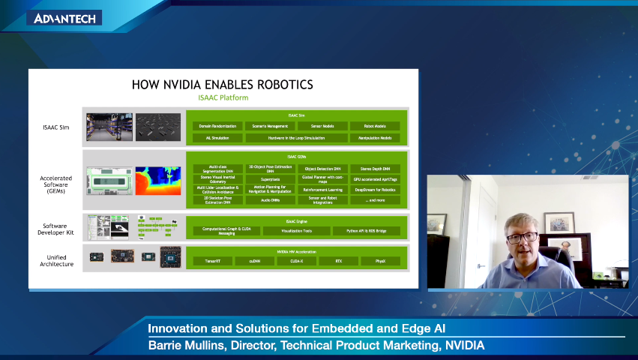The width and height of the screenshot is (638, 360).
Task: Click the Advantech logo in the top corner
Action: [x=65, y=18]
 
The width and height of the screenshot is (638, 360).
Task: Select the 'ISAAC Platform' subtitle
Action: [x=223, y=98]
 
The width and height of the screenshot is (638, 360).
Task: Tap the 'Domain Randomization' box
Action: [x=217, y=126]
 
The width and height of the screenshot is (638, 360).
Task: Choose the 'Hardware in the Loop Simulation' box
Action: [x=296, y=138]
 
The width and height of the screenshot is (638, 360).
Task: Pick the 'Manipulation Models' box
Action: [x=375, y=138]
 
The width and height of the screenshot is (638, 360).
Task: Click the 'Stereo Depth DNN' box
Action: [x=375, y=169]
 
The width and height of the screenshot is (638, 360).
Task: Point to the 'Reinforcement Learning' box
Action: [x=322, y=190]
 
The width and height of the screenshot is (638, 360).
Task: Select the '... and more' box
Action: [x=375, y=200]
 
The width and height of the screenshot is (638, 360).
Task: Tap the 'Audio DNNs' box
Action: [x=270, y=200]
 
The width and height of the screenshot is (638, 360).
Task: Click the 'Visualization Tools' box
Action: [x=296, y=231]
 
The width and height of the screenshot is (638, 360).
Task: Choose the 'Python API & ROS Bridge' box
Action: [x=367, y=231]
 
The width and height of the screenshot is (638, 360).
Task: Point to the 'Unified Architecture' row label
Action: [x=56, y=259]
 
